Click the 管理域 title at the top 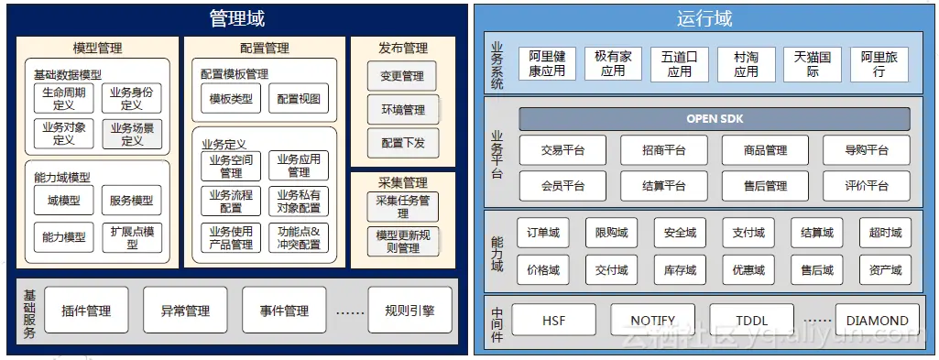236,18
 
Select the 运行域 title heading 704,18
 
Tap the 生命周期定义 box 64,98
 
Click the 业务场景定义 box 132,135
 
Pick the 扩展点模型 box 132,237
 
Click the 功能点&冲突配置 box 299,237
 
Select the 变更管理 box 403,77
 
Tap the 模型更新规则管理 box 403,242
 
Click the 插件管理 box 86,311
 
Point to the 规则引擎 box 409,311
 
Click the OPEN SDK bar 715,119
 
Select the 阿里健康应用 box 548,63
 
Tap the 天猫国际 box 813,63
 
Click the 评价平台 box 866,185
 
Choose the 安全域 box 680,234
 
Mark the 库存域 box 680,270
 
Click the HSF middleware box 554,321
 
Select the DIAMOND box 878,321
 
